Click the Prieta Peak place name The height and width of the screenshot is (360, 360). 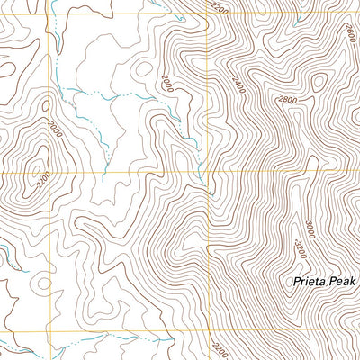pyautogui.click(x=324, y=282)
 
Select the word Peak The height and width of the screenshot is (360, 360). pyautogui.click(x=343, y=282)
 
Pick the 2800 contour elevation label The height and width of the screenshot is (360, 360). pyautogui.click(x=287, y=100)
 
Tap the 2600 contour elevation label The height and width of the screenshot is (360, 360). pyautogui.click(x=349, y=33)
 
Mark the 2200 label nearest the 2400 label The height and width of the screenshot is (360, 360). pyautogui.click(x=217, y=9)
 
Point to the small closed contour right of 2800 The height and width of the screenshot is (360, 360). pyautogui.click(x=318, y=83)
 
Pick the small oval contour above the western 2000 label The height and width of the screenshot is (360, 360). pyautogui.click(x=45, y=103)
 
